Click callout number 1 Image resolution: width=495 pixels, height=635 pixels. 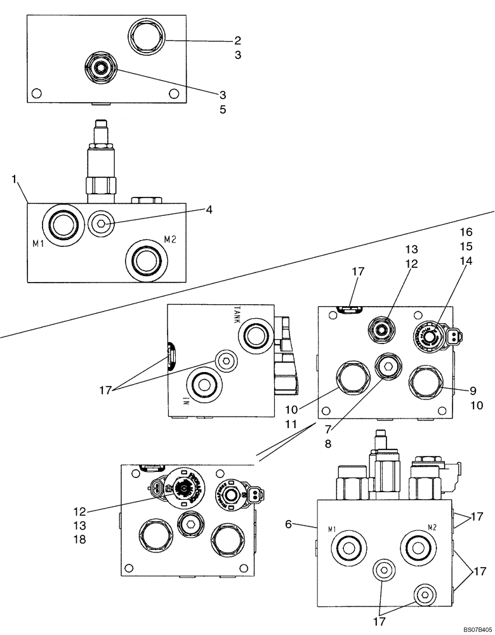14,179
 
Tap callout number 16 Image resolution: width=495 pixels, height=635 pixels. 467,232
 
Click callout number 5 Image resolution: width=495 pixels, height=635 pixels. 223,109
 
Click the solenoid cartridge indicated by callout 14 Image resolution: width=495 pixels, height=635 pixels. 430,334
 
